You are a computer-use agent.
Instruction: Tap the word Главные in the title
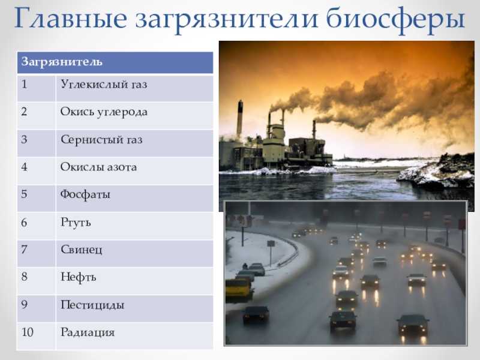[71, 18]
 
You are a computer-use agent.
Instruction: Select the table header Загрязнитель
[62, 62]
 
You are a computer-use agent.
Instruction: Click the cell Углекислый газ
[104, 85]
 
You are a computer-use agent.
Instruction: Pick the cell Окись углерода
[104, 112]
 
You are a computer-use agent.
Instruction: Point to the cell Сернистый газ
[101, 140]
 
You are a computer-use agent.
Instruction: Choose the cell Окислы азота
[98, 167]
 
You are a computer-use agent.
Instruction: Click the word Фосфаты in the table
[85, 194]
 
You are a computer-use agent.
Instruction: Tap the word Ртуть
[76, 222]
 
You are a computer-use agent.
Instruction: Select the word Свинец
[82, 250]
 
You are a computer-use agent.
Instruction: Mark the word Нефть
[79, 277]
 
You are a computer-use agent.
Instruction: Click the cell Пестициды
[92, 305]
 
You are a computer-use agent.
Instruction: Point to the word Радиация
[88, 332]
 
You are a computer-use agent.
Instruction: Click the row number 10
[27, 332]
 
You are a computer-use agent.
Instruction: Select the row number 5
[24, 194]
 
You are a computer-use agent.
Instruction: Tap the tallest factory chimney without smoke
[239, 119]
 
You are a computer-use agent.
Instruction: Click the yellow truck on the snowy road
[239, 290]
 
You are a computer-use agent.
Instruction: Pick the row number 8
[24, 277]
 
